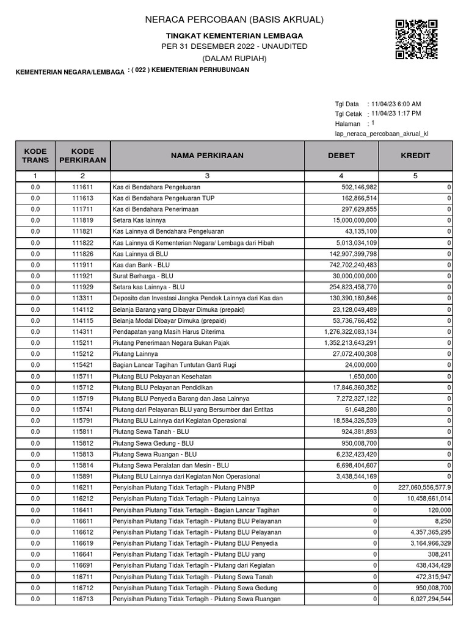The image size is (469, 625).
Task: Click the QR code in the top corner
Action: click(x=416, y=39)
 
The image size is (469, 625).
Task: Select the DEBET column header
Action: click(x=341, y=156)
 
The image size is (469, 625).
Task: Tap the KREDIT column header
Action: click(x=415, y=156)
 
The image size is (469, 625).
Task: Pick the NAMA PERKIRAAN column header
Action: click(x=207, y=156)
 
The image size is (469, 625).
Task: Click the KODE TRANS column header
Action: click(x=34, y=156)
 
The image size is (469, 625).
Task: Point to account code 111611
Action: click(x=82, y=187)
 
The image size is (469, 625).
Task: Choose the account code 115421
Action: click(x=82, y=364)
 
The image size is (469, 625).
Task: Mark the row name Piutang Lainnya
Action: click(x=135, y=353)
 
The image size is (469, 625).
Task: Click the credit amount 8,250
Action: click(x=439, y=521)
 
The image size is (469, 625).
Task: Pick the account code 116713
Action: click(x=82, y=599)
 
